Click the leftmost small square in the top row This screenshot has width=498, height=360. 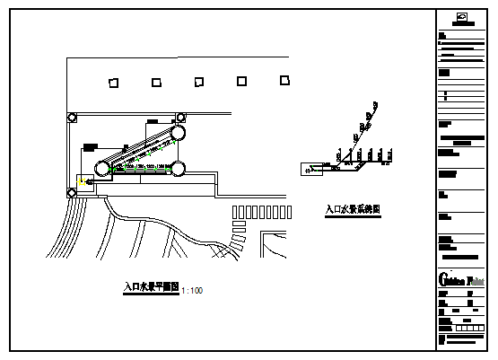(113, 83)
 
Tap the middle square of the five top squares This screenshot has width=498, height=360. (198, 82)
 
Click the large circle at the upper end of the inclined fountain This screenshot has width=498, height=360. (178, 132)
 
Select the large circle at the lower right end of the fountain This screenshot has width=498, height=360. (178, 168)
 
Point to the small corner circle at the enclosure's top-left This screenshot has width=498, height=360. (72, 117)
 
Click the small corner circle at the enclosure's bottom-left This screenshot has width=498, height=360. (72, 192)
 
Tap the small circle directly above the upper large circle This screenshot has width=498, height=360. (180, 117)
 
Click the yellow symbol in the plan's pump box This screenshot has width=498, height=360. (83, 182)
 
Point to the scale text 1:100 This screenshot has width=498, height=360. (192, 291)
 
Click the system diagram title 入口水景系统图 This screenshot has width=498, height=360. (354, 210)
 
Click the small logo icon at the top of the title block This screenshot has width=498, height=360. (461, 17)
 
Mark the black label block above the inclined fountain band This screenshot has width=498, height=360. (154, 120)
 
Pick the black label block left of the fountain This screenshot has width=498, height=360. (90, 146)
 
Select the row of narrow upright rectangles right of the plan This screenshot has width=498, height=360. (262, 212)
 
